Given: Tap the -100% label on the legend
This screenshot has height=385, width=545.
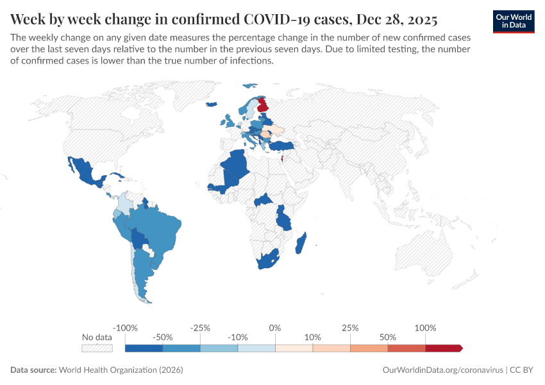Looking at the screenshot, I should (x=126, y=328).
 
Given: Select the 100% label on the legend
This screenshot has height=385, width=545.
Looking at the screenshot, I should (x=425, y=328).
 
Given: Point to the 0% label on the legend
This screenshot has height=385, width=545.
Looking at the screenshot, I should (x=275, y=328).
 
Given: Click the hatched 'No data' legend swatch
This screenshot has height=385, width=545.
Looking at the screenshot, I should (x=97, y=348).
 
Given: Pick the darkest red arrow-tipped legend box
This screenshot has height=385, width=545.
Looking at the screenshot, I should (x=443, y=348).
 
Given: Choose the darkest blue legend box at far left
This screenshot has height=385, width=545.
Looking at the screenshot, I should (x=144, y=348).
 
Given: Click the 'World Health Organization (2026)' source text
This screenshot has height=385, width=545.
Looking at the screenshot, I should (x=121, y=370).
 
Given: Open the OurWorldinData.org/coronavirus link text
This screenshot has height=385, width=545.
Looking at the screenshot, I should (x=442, y=370).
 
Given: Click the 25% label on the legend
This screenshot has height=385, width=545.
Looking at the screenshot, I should (x=350, y=328).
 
